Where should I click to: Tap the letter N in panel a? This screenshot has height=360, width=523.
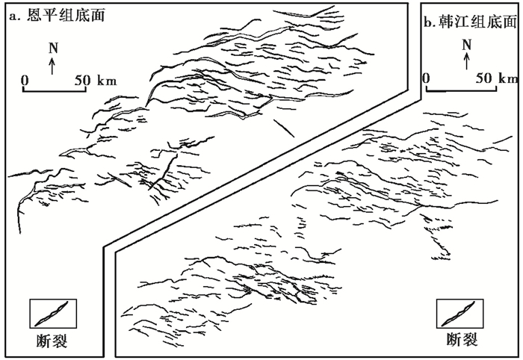pyautogui.click(x=52, y=47)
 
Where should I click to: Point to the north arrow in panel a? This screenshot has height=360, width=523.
pyautogui.click(x=52, y=66)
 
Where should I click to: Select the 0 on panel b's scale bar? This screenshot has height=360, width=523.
pyautogui.click(x=426, y=77)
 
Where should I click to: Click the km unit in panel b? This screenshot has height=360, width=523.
pyautogui.click(x=508, y=77)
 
